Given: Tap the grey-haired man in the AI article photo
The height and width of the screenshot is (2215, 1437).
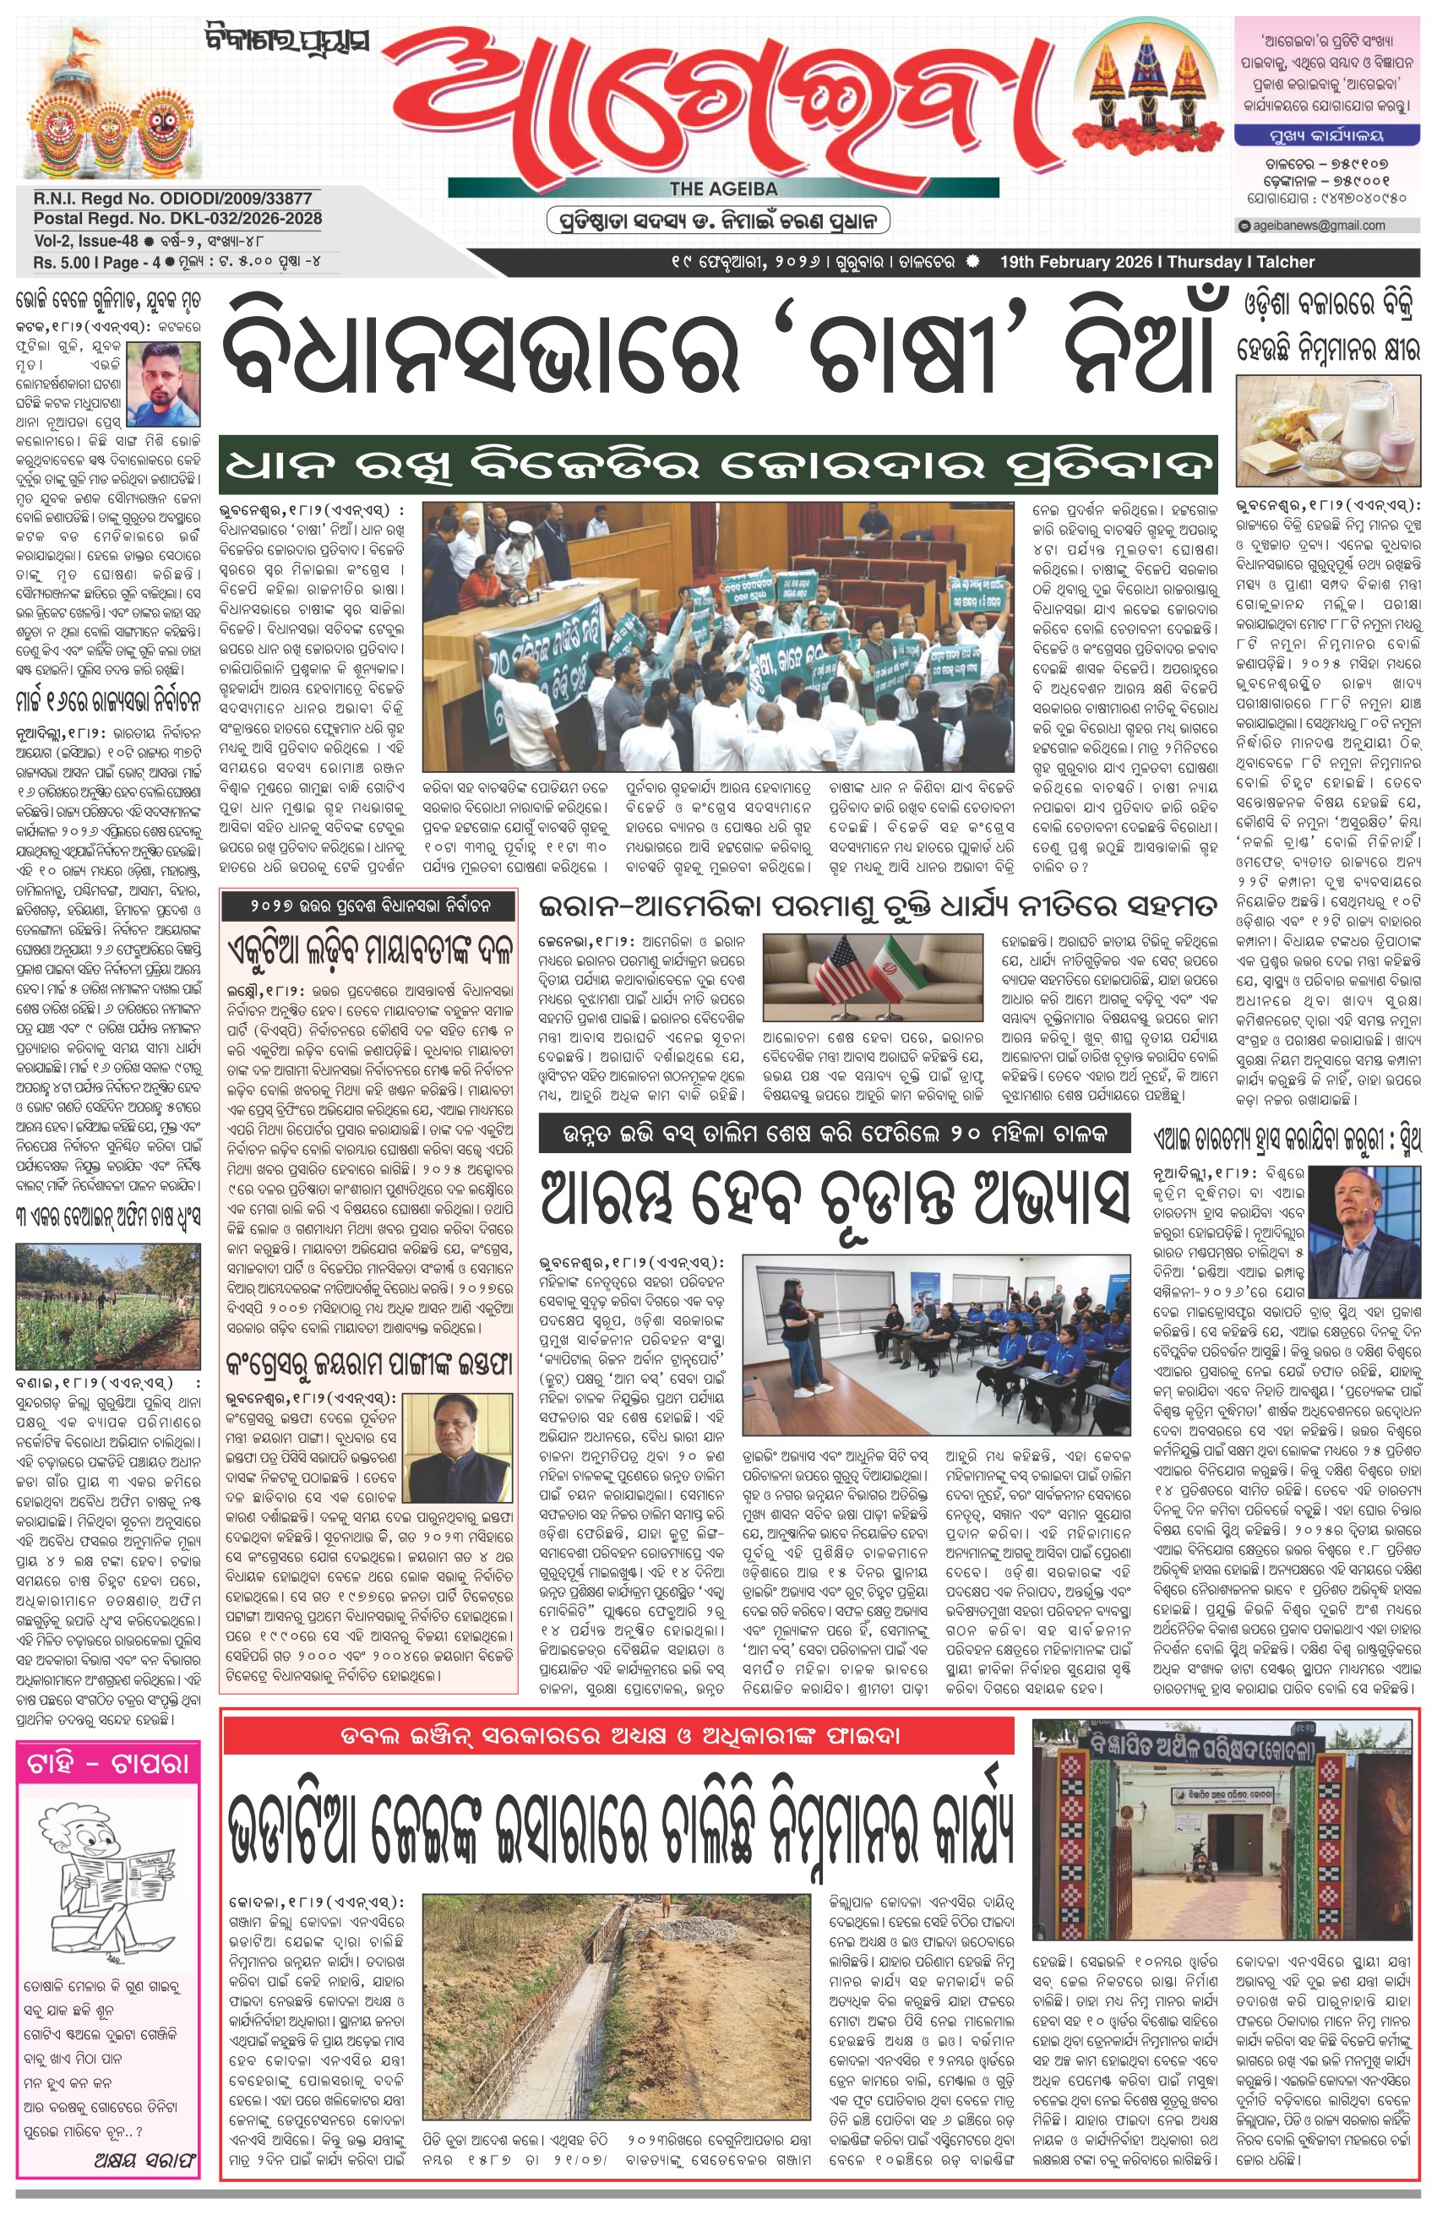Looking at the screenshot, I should pyautogui.click(x=1364, y=1219).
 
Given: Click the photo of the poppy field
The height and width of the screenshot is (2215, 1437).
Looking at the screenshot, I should pyautogui.click(x=108, y=1305).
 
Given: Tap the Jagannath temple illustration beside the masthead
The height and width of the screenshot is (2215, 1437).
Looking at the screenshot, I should pyautogui.click(x=107, y=102).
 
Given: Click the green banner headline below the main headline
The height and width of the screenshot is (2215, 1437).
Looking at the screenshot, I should pyautogui.click(x=717, y=463).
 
